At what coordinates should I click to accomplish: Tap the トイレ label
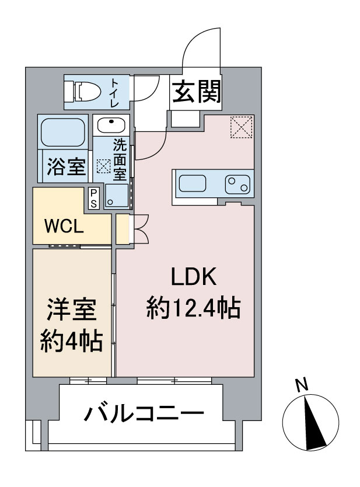(x=115, y=93)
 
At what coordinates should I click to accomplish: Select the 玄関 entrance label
(x=197, y=92)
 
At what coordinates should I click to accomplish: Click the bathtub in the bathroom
(x=64, y=133)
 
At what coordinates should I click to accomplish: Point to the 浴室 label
(x=66, y=166)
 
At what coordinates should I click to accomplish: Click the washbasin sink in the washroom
(x=111, y=125)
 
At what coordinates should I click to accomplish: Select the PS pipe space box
(x=93, y=199)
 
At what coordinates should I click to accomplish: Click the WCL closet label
(x=64, y=227)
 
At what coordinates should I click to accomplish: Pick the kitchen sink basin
(x=193, y=183)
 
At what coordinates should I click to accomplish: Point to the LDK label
(x=194, y=276)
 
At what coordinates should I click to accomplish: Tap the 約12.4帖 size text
(x=193, y=308)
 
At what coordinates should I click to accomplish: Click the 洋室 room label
(x=72, y=309)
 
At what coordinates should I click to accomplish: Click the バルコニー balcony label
(x=144, y=413)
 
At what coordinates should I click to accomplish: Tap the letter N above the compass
(x=302, y=385)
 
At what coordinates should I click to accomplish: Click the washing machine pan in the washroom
(x=117, y=196)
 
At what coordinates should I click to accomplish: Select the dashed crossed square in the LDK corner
(x=242, y=127)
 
